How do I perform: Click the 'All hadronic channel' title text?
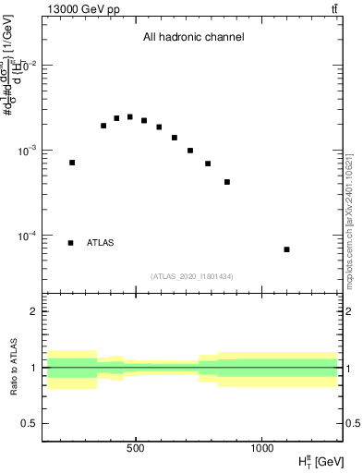click(x=193, y=38)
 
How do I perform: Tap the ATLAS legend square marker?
click(x=71, y=243)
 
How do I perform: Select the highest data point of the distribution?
click(x=130, y=117)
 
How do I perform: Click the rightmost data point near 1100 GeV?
click(x=286, y=249)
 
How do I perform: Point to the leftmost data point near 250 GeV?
click(x=72, y=163)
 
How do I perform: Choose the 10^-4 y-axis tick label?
click(x=30, y=236)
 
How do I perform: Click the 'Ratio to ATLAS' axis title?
click(x=12, y=367)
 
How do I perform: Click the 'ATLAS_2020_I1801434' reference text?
click(x=192, y=276)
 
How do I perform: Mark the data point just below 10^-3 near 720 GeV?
click(x=190, y=151)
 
